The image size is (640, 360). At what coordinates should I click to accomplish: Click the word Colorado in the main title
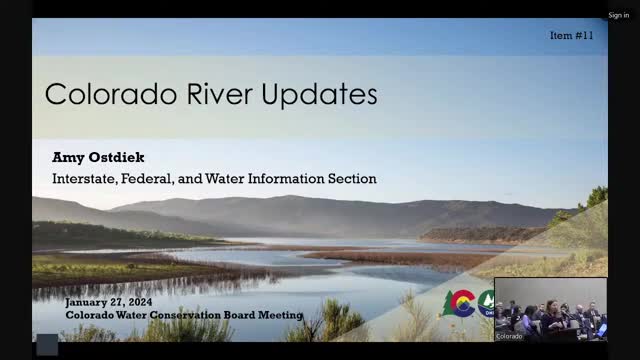coord(111,94)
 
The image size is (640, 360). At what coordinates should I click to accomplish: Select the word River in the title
coord(220,94)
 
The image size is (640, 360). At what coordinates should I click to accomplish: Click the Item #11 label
coord(571,36)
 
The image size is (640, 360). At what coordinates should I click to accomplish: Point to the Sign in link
coord(618,15)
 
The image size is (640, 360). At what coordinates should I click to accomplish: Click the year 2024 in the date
coord(140,302)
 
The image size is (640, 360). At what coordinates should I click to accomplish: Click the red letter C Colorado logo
coord(462,303)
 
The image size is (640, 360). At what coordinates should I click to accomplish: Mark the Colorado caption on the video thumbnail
coord(509,336)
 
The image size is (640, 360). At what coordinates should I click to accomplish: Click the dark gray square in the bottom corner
coord(47,345)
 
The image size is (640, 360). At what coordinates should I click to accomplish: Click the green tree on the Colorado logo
coord(448,303)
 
